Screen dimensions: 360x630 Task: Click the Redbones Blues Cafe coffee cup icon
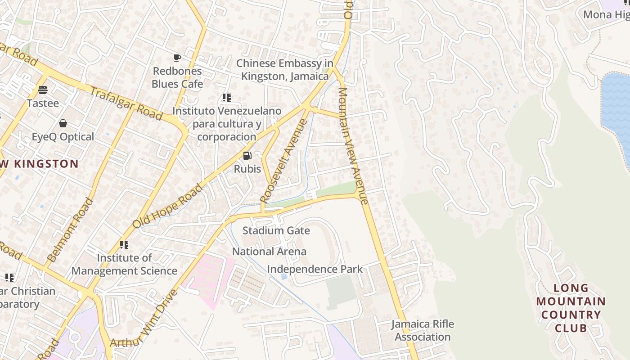pos(177,58)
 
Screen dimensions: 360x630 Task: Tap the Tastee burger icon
pos(43,90)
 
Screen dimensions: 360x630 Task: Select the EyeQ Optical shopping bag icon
pos(63,123)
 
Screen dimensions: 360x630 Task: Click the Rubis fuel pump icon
pos(247,156)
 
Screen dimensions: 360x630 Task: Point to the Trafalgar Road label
pos(126,104)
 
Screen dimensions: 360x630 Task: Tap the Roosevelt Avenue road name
pos(284,161)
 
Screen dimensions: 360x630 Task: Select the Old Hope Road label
pos(168,206)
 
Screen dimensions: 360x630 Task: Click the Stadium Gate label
pos(276,231)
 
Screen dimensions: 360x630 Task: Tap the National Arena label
pos(269,252)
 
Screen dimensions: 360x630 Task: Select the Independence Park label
pos(315,269)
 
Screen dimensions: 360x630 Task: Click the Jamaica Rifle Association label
pos(422,330)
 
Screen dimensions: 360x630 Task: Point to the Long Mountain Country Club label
pos(571,308)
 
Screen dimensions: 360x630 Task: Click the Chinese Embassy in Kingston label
pos(285,70)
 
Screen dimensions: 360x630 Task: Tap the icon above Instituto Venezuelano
pos(226,97)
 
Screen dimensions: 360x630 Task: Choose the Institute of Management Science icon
pos(124,245)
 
